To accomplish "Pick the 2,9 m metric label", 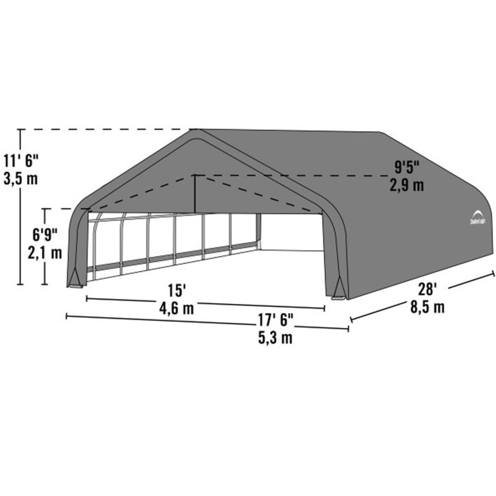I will pyautogui.click(x=407, y=185).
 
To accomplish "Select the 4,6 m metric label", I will pyautogui.click(x=177, y=308).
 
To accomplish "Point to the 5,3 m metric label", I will pyautogui.click(x=276, y=338).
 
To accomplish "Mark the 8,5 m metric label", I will pyautogui.click(x=427, y=307).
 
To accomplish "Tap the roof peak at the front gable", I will pyautogui.click(x=193, y=131).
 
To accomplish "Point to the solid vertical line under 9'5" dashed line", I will pyautogui.click(x=195, y=194).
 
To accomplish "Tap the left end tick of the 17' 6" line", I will pyautogui.click(x=67, y=317).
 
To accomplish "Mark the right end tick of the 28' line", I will pyautogui.click(x=493, y=274).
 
